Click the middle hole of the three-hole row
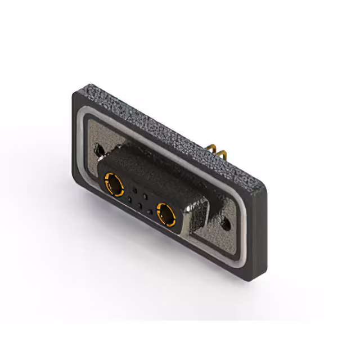coord(139,205)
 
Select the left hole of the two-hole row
coord(136,190)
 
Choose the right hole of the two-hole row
coord(146,195)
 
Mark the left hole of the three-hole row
coord(129,200)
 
